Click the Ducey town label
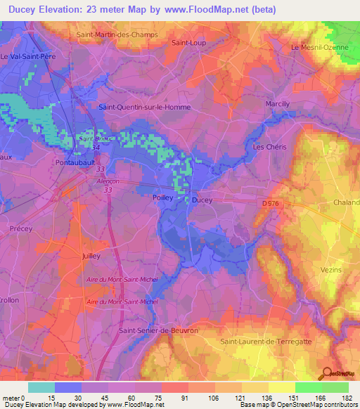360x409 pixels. [202, 200]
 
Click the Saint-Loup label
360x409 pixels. [188, 43]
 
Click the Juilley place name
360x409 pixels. [92, 257]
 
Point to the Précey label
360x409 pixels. [21, 228]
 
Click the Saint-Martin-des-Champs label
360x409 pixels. [117, 34]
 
